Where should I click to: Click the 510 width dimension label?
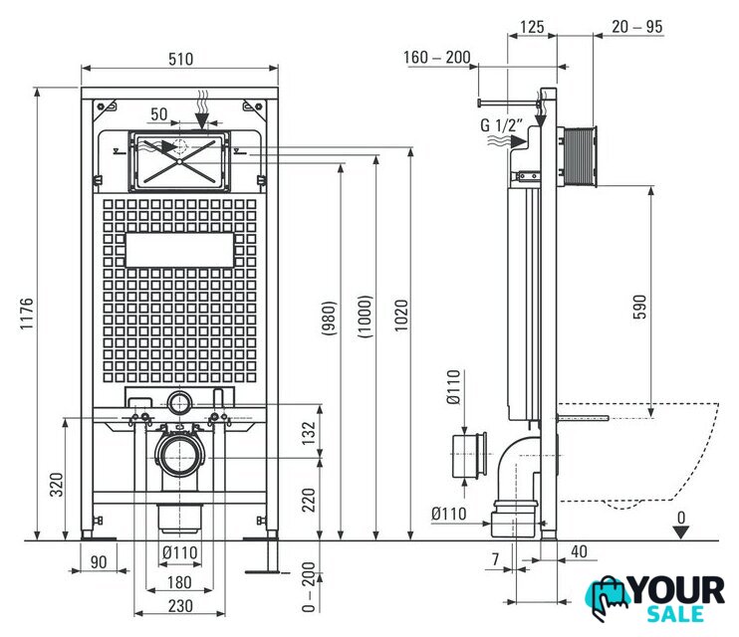coord(180,59)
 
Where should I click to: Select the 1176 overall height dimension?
coord(27,314)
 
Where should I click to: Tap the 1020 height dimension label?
coord(401,316)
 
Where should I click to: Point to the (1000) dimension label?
coord(366,317)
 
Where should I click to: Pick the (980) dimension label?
coord(329,318)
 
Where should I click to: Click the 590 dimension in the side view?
coord(639,307)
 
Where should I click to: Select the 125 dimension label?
coord(532,27)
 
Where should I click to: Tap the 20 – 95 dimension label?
coord(637,27)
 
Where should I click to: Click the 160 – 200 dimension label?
coord(437,57)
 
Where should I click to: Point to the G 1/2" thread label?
coord(502,125)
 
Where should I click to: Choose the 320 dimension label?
coord(57,485)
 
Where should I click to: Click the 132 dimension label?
coord(308,433)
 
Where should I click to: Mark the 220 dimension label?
coord(308,500)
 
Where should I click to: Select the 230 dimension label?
coord(180,606)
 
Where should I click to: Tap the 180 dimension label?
coord(179,582)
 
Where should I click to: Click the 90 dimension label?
coord(99,562)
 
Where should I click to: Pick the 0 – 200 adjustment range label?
coord(308,586)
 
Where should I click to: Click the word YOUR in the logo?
coord(678,590)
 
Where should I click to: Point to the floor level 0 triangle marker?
coord(681,532)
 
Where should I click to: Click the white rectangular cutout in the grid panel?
coord(179,250)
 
